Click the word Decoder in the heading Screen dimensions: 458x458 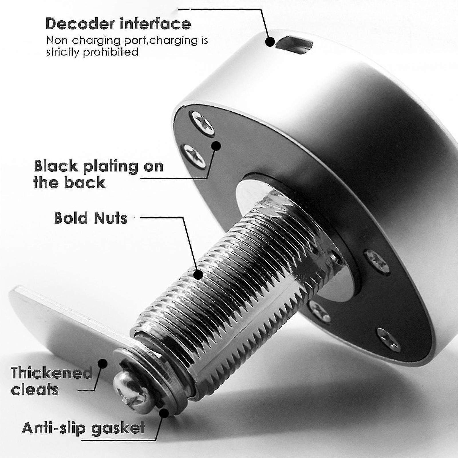pyautogui.click(x=80, y=23)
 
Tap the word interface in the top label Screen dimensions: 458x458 pyautogui.click(x=155, y=23)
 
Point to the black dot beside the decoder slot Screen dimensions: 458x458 pyautogui.click(x=270, y=42)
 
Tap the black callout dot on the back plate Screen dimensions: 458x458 pyautogui.click(x=216, y=146)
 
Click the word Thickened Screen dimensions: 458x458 pyautogui.click(x=52, y=373)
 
